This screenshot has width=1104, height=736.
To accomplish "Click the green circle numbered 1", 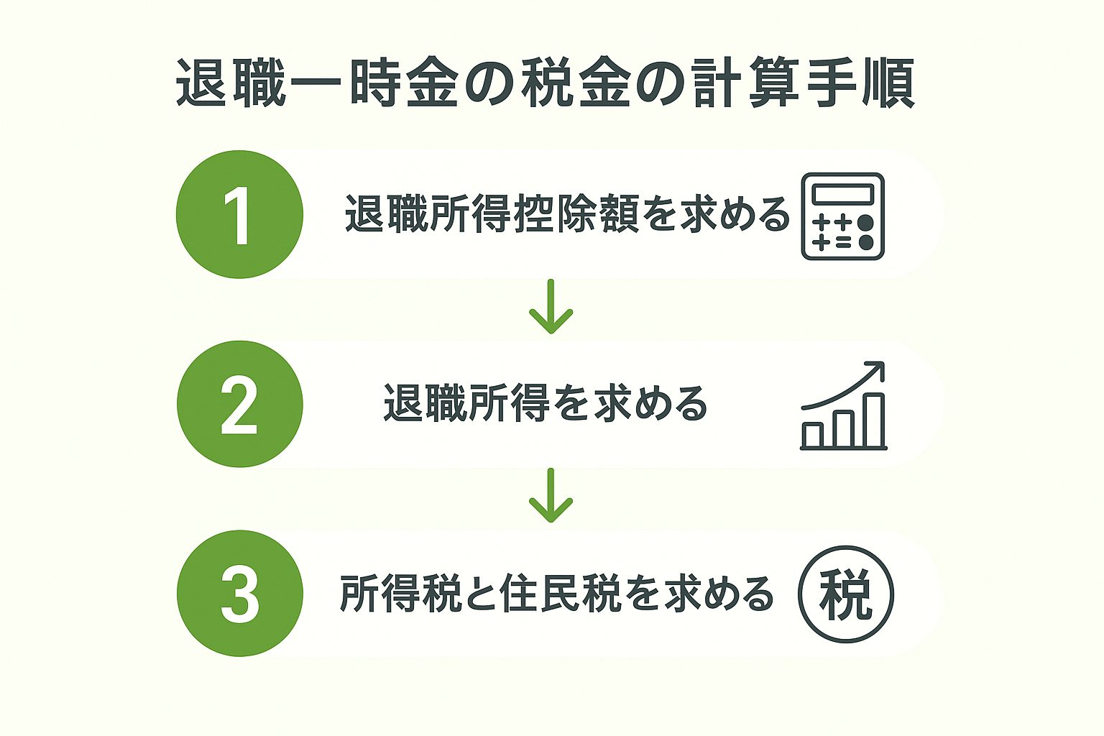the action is pos(239,214).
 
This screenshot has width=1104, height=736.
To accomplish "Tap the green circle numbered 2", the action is pos(239,404).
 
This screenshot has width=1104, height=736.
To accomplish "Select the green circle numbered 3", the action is pos(239,593).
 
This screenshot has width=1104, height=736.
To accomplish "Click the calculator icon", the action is pos(843,216).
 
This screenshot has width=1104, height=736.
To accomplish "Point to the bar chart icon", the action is pos(843,405).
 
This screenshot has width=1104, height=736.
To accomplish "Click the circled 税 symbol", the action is pos(846,594).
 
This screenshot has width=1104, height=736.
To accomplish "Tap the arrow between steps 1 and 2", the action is pos(551,307).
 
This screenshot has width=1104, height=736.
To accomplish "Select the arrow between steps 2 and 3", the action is pos(551,495).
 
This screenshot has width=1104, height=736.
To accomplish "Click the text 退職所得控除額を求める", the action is pos(567,214).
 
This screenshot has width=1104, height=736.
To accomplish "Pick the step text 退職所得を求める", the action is pos(546,403).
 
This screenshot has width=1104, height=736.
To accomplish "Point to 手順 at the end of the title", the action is pos(861,83).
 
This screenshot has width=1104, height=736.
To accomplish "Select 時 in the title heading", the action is pos(375,83).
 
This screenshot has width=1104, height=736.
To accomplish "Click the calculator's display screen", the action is pos(843,194).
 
